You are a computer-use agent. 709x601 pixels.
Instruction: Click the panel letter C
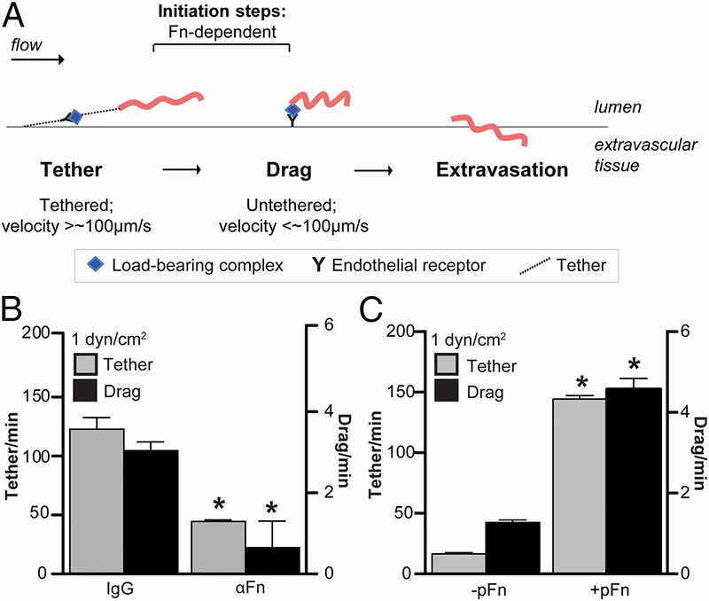tap(370, 313)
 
